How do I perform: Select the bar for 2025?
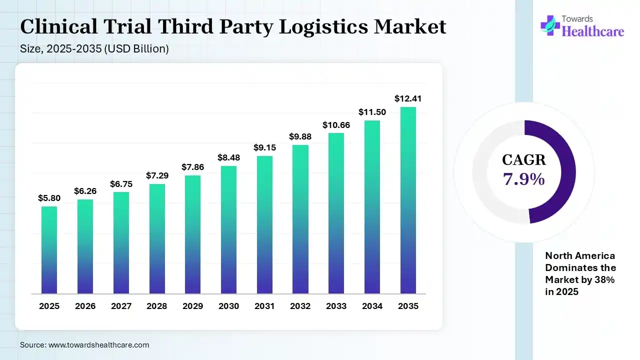[49, 249]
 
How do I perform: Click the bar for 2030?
[228, 229]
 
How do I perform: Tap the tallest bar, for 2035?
[408, 200]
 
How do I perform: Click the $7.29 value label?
[157, 175]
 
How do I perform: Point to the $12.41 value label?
[408, 98]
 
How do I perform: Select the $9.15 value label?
[264, 147]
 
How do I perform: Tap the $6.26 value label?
[85, 191]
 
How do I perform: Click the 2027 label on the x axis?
[121, 306]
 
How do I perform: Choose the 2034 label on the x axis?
[372, 306]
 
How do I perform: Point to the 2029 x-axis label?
[192, 306]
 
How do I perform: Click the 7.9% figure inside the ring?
[524, 179]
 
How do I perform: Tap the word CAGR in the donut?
[524, 160]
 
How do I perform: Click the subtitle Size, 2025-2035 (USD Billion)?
[94, 49]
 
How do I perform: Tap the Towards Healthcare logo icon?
[550, 25]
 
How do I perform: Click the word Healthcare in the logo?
[593, 31]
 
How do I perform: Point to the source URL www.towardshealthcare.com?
[98, 345]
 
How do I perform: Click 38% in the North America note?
[603, 280]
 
